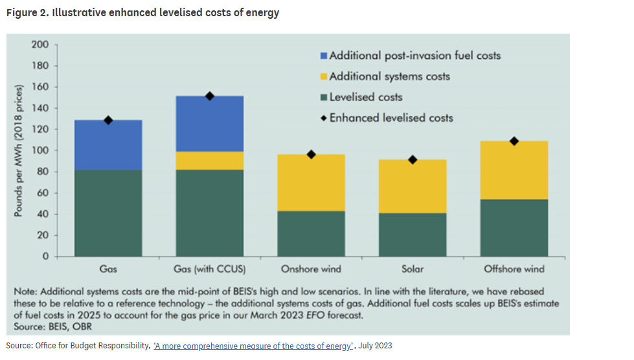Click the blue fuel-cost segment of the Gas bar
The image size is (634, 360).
pos(108,145)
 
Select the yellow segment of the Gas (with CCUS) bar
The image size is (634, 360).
pos(210,161)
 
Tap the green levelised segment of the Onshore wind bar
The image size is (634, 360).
pos(311,233)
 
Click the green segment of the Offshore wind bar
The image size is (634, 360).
pos(514,227)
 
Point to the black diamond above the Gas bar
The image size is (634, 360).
pos(108,120)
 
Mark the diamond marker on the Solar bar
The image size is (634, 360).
pos(413,159)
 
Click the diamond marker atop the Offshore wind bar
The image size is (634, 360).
pos(514,141)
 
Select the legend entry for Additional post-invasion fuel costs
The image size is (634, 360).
pos(414,56)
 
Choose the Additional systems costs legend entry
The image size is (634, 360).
pos(389,76)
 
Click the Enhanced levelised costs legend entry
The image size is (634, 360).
pos(391,118)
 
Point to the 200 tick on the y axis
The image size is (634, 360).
pos(40,45)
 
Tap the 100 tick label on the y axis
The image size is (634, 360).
pos(40,150)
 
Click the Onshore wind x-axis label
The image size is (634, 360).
pos(311,269)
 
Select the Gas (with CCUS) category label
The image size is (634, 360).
pos(210,269)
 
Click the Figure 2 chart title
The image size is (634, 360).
pos(142,13)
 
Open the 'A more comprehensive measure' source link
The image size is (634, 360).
pos(253,346)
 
